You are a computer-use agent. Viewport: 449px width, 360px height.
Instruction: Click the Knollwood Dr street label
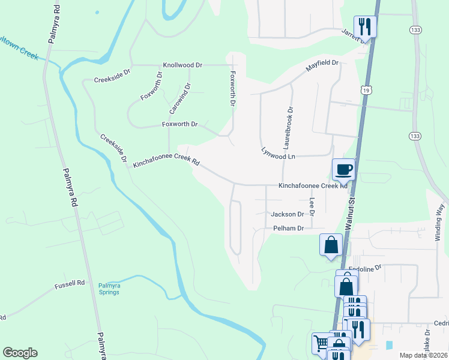182,65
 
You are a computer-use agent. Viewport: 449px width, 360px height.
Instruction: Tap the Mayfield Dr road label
322,66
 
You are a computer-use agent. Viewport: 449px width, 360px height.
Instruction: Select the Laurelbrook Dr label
288,128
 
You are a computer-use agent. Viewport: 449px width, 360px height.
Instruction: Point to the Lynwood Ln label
279,154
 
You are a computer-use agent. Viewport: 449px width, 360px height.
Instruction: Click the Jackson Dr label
288,214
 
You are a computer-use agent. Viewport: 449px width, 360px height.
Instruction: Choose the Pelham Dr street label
289,229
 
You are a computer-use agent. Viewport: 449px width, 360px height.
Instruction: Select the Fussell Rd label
72,283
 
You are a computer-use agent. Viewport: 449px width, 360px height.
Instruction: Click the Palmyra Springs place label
109,289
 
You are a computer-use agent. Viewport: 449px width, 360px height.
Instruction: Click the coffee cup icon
344,169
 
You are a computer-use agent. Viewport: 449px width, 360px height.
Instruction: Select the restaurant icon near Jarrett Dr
365,26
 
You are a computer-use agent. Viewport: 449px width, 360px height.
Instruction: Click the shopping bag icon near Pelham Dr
331,245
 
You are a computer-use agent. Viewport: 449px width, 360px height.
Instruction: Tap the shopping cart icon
321,343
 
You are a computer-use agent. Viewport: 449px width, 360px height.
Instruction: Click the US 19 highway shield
366,89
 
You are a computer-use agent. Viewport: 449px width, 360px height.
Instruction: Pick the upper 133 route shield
415,29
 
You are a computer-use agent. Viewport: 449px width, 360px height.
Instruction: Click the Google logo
20,353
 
